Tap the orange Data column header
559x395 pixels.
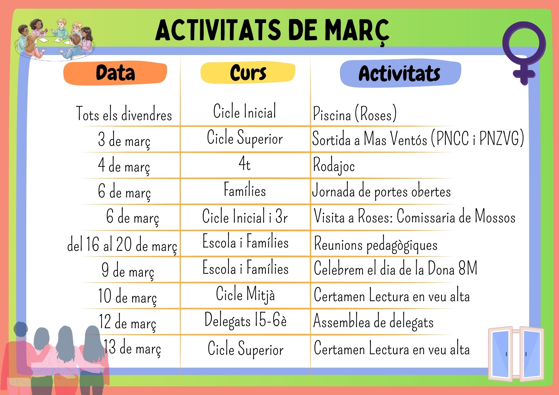point(115,73)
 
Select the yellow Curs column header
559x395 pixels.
point(248,73)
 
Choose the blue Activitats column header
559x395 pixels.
point(400,73)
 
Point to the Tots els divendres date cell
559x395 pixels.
point(124,114)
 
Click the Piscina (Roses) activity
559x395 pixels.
point(355,113)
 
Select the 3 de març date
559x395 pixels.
point(124,140)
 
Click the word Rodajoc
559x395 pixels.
point(334,165)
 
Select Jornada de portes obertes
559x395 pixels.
point(382,191)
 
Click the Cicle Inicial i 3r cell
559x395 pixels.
point(245,216)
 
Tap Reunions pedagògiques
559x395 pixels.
point(376,244)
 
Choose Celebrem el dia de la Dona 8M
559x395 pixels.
point(395,268)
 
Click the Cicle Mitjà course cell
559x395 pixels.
point(245,294)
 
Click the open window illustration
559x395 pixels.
point(516,354)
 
